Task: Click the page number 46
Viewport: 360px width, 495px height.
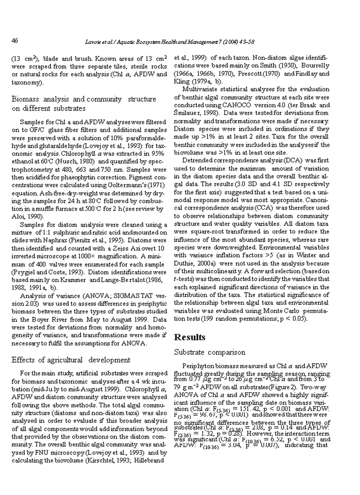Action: pyautogui.click(x=15, y=41)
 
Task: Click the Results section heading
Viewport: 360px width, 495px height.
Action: pyautogui.click(x=190, y=337)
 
